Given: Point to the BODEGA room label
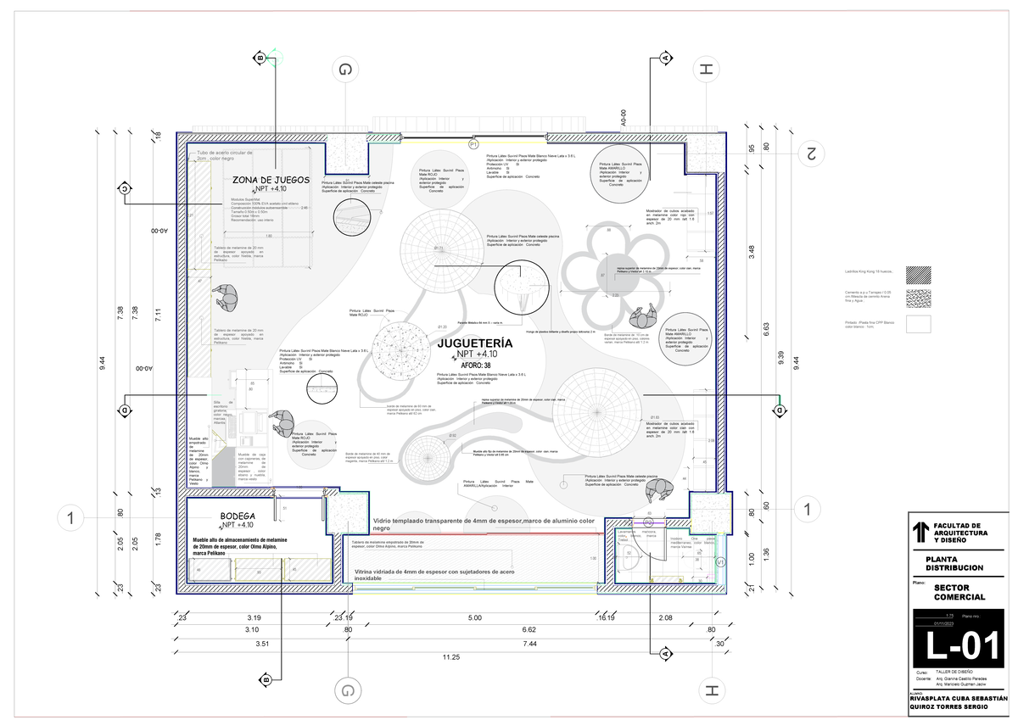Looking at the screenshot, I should pos(238,516).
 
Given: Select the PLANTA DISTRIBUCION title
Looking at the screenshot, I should pos(954,564).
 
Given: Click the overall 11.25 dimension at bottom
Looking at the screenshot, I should pos(450,656).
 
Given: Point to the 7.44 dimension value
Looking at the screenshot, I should pos(530,644).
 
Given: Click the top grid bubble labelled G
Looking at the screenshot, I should pos(345,72).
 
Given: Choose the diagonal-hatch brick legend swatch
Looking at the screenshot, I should pos(918,275).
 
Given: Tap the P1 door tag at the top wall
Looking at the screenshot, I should pos(473,146).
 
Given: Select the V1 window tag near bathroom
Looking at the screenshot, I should pos(720,561).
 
